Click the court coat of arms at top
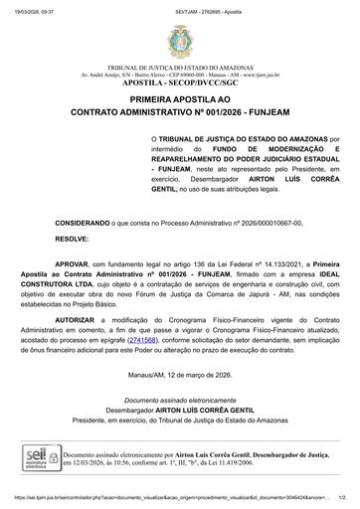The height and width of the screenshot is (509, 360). coord(179,39)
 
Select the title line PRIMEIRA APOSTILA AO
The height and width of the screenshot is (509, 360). coord(180,101)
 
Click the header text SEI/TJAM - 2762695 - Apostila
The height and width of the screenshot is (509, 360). coord(179,6)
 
